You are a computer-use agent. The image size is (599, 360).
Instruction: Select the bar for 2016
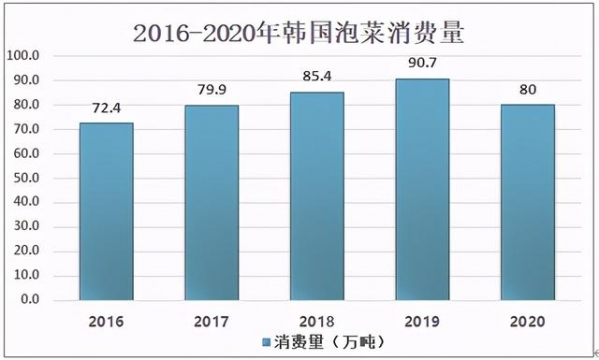point(105,210)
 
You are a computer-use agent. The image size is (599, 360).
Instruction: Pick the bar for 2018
point(317,196)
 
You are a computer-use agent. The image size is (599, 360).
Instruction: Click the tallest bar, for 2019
point(422,189)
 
